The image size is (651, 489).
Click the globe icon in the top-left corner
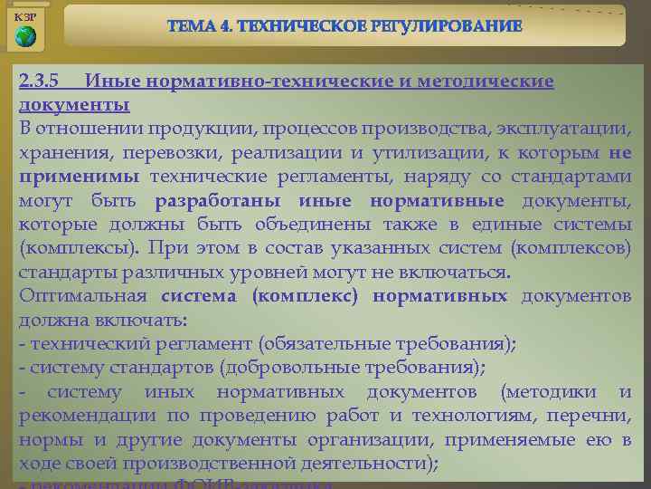coord(26,37)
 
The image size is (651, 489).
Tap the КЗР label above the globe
coord(26,17)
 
